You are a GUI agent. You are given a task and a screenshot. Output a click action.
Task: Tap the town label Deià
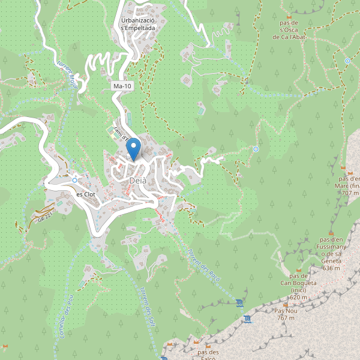[x=136, y=180]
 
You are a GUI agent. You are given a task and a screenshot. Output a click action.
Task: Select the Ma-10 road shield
[x=122, y=86]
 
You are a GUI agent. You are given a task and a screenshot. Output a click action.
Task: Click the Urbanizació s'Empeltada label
[x=138, y=23]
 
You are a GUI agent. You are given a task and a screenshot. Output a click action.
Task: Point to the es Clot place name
[x=86, y=194]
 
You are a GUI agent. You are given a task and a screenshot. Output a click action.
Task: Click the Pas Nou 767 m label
[x=286, y=314]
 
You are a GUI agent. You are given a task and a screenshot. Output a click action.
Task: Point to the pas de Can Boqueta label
[x=294, y=287]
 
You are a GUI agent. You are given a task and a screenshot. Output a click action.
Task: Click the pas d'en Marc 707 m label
[x=349, y=185]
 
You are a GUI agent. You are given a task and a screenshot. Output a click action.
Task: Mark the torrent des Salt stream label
[x=148, y=304]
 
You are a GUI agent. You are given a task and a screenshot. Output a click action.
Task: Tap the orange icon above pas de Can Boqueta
[x=294, y=269]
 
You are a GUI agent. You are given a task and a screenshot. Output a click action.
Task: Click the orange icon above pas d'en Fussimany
[x=331, y=232]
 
